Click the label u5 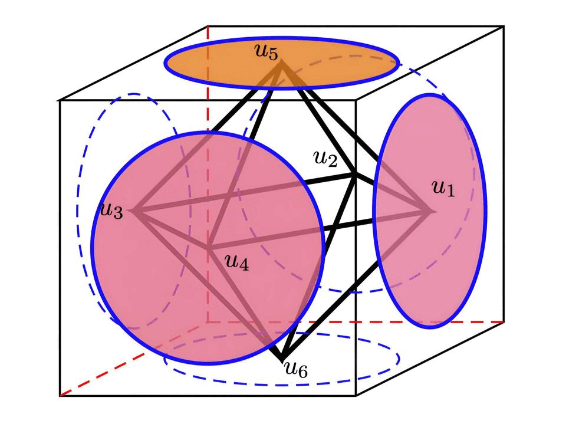point(266,52)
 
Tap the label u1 point(444,188)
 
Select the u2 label point(325,158)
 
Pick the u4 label point(236,262)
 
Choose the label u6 point(296,370)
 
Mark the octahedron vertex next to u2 point(354,175)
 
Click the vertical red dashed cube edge point(208,177)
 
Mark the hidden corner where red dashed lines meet point(208,322)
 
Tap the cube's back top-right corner point(504,27)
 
